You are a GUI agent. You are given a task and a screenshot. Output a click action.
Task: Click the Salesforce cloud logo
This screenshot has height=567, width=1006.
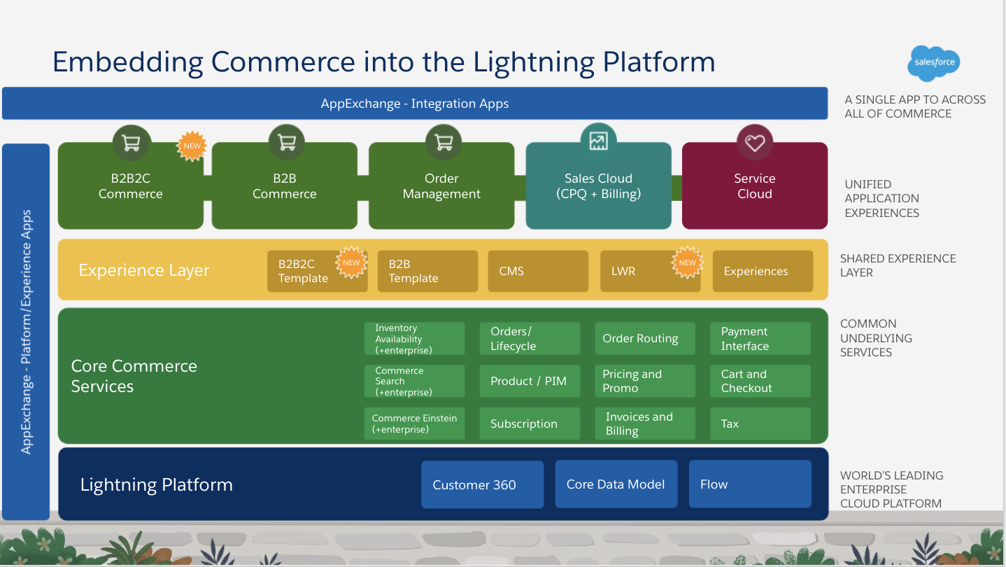coord(935,63)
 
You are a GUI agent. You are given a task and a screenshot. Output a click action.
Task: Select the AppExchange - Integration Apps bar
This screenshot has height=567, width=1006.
coord(415,104)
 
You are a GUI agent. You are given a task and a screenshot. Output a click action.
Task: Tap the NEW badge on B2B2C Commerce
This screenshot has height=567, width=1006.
coord(192,146)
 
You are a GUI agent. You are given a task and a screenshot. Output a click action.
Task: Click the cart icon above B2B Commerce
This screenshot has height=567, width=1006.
coord(286,143)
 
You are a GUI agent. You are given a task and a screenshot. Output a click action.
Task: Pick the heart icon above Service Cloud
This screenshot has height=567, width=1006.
coord(754,143)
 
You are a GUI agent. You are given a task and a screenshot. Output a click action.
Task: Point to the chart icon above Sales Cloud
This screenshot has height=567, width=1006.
coord(598,141)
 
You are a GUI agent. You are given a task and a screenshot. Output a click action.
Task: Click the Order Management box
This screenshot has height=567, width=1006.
coord(441,187)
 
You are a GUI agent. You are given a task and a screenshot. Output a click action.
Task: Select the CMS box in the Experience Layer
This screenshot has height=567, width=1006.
coord(537,272)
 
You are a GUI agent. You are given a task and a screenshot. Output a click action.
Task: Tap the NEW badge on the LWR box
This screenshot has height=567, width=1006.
coord(687,263)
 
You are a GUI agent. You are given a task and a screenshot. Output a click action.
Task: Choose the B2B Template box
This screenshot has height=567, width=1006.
coord(427,272)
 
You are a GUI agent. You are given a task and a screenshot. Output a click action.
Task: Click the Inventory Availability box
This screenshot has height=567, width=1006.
coord(414,339)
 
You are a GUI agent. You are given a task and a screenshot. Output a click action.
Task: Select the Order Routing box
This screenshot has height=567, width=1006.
coord(644,339)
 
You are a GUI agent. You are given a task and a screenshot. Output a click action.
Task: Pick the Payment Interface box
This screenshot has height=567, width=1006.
coord(760,339)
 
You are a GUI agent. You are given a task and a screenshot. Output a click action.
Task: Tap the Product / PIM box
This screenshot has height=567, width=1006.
coord(530,381)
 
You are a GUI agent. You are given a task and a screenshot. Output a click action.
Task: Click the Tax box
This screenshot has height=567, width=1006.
coord(760,423)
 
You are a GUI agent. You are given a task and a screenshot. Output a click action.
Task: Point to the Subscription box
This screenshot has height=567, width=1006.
coord(530,423)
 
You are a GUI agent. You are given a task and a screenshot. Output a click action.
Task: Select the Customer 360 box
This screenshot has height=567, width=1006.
coord(482,484)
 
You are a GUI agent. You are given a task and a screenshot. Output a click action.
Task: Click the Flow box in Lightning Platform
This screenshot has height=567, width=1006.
coord(749,484)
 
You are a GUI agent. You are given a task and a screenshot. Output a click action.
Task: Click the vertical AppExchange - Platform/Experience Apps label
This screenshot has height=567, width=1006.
coord(26,332)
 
